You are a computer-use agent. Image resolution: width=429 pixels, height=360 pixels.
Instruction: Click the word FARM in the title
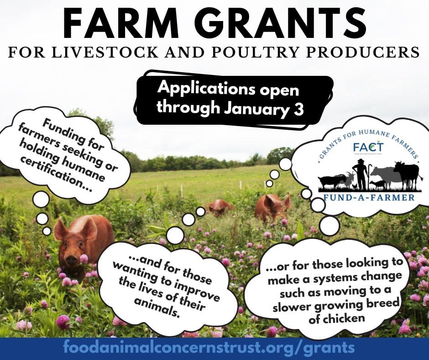tap(121, 23)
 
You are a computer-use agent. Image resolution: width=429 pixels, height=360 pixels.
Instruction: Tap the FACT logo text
tap(368, 147)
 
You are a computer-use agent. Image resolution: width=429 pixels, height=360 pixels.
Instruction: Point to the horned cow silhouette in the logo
tap(407, 175)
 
